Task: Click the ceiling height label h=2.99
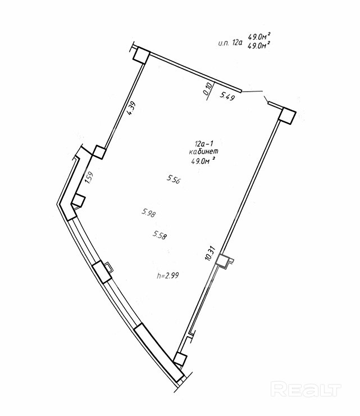(168, 275)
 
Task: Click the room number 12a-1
(203, 144)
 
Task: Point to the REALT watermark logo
(306, 388)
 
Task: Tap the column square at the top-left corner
(140, 56)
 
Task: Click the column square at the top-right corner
(288, 115)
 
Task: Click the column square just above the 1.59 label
(100, 152)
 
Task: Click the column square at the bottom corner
(180, 359)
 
